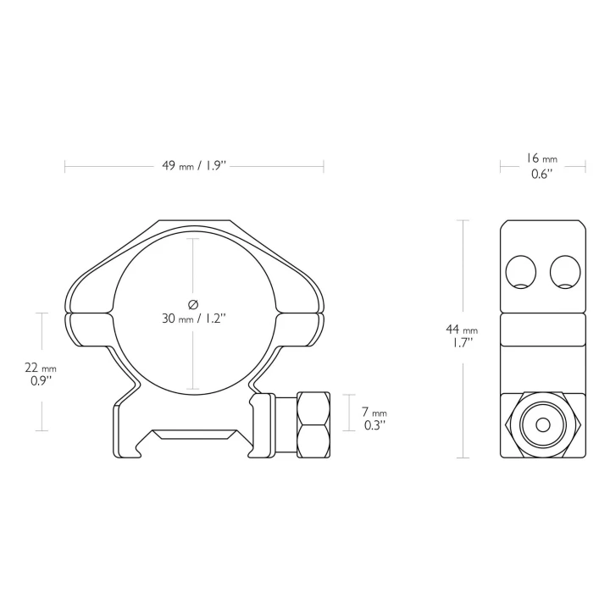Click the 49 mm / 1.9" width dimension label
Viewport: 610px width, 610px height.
[x=194, y=166]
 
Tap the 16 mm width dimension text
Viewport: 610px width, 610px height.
[x=542, y=158]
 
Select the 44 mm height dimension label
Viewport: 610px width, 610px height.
[x=462, y=330]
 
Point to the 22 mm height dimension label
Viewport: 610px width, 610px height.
[x=41, y=368]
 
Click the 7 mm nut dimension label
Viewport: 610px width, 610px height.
[x=374, y=412]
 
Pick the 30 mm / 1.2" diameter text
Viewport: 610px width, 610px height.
[x=194, y=319]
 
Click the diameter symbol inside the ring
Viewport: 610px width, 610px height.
[x=193, y=305]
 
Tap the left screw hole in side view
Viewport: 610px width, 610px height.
[x=520, y=272]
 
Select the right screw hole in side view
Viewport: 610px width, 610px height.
[x=565, y=272]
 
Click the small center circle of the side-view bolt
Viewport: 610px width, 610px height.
[x=543, y=424]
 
